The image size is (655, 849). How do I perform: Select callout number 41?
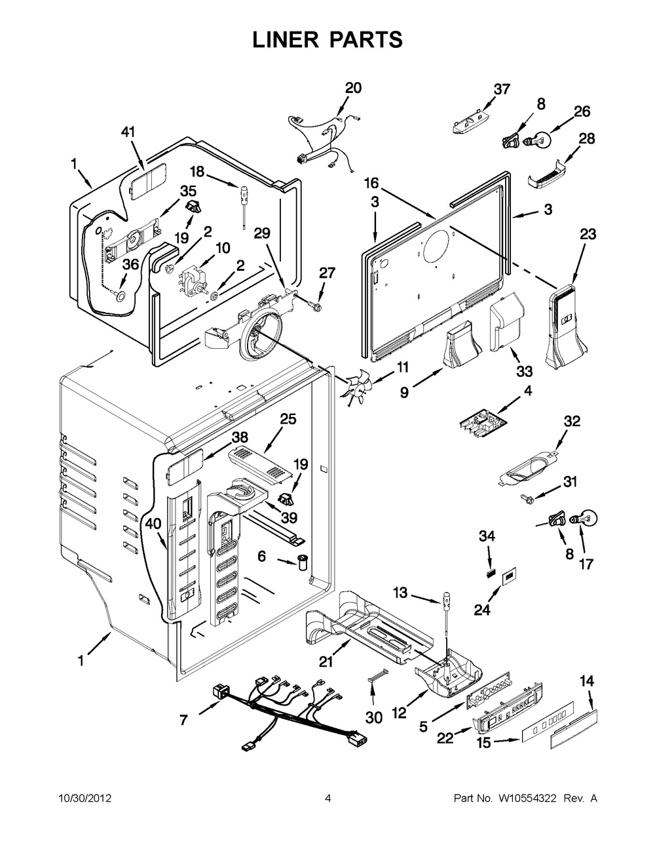click(x=128, y=132)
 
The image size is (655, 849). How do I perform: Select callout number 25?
click(x=288, y=419)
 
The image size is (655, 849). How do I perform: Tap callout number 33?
click(x=525, y=371)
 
